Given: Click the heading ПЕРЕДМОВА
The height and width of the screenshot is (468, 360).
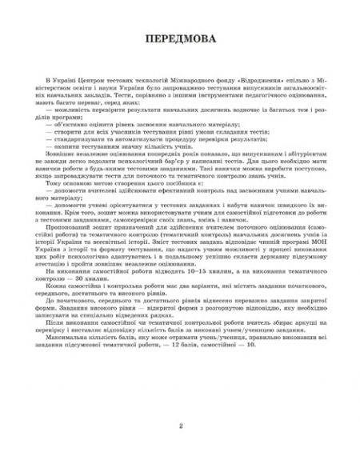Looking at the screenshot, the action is pyautogui.click(x=180, y=39).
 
